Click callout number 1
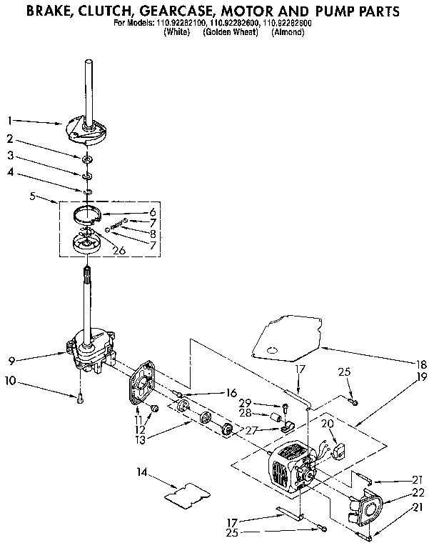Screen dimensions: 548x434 10,120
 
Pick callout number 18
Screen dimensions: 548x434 420,362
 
